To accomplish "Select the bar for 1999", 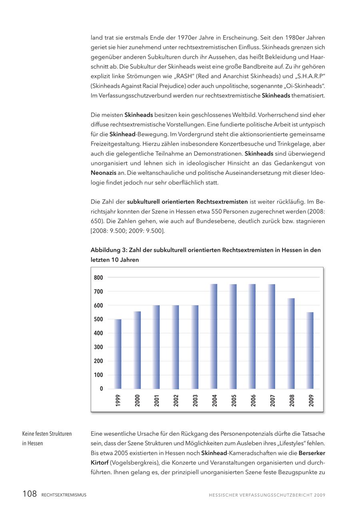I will pos(118,354).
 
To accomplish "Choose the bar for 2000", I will pos(137,350).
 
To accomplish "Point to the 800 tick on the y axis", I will pos(98,278).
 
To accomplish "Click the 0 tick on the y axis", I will pos(101,389).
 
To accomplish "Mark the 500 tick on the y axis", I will pos(98,319).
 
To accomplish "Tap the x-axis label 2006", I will pos(253,401).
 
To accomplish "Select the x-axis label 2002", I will pos(176,401).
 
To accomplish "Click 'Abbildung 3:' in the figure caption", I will pos(108,250).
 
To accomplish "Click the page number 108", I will pos(30,494).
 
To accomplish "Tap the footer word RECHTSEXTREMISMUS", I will pos(64,495).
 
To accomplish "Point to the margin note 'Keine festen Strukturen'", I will pos(47,434).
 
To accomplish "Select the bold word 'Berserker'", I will pos(312,453).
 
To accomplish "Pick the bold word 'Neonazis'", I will pos(104,173).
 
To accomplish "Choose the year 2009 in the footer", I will pos(320,495).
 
